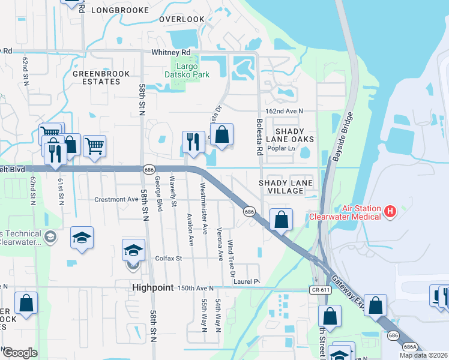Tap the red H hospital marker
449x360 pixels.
pos(390,211)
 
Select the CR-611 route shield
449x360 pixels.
pos(321,289)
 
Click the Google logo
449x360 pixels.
pos(20,353)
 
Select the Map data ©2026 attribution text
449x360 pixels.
pos(424,355)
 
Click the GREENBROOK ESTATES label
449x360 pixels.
pos(97,77)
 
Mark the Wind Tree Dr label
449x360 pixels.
pos(231,259)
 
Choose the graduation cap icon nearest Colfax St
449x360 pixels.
pos(134,249)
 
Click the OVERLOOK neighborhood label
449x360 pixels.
pos(181,19)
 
